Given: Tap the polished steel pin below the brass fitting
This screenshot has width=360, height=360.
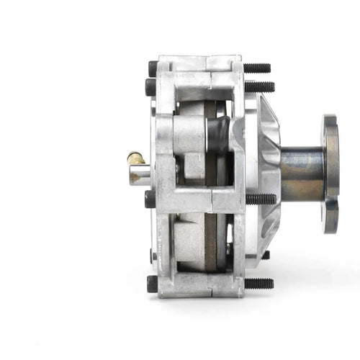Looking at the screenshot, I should pos(140,174).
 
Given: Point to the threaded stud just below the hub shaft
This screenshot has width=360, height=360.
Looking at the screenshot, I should pos(261,198).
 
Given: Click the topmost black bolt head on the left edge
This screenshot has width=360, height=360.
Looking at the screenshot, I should pos(153,68).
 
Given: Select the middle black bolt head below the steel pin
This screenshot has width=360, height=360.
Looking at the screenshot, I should pos(150,198).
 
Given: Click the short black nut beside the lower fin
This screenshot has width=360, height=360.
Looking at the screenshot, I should pos(264,254).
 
